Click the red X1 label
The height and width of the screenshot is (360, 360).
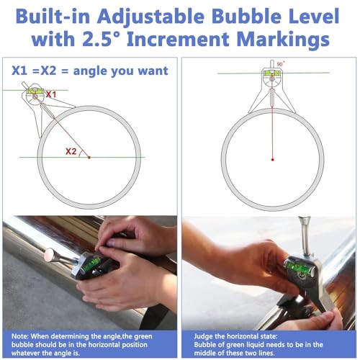(51, 94)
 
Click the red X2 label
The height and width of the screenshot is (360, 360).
(71, 151)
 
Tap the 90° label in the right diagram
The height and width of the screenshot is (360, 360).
(281, 64)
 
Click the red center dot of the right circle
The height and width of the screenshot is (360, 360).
(272, 160)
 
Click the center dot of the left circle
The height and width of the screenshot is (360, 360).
(89, 158)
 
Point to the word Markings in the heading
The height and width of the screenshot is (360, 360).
(283, 40)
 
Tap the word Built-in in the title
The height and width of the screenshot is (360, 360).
(53, 17)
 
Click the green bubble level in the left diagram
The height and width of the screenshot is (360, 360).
(35, 91)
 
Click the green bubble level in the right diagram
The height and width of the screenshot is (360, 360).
(271, 73)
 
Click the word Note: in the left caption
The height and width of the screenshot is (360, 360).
(20, 336)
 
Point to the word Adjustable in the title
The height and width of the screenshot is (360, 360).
(150, 17)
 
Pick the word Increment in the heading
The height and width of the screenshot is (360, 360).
(178, 39)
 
